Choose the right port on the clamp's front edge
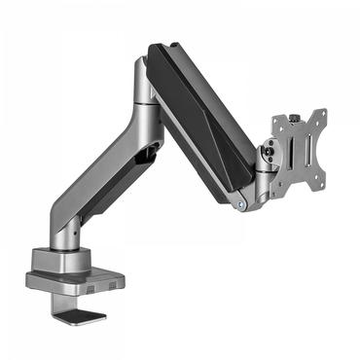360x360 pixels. pos(115,283)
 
